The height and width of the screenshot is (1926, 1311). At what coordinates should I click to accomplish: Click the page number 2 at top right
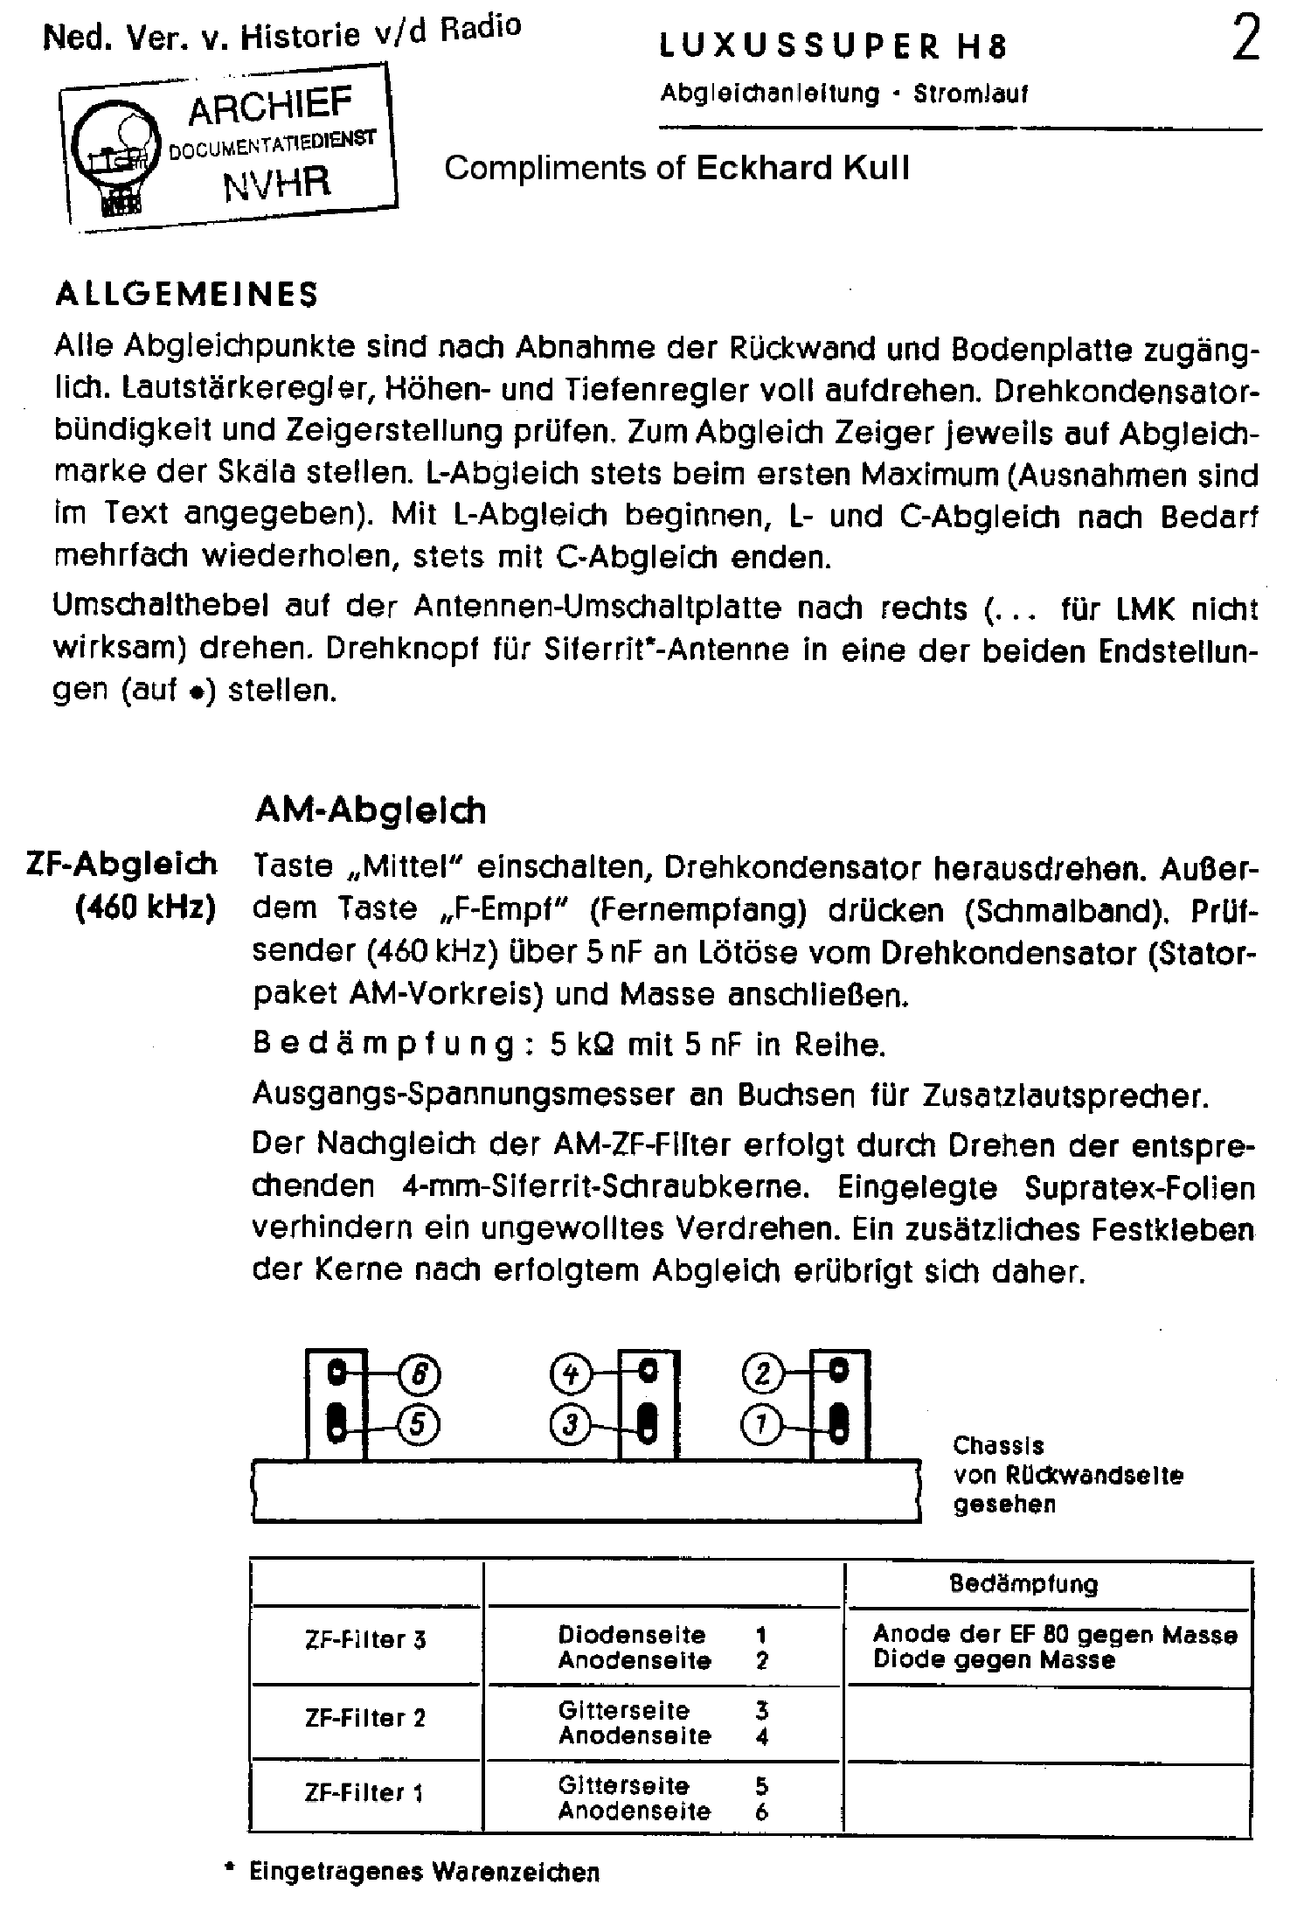[1245, 41]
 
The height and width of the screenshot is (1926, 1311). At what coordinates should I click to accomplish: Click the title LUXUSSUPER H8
[833, 47]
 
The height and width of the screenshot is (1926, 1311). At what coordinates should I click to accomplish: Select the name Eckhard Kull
[801, 168]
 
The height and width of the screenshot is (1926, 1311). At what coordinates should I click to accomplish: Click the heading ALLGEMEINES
[187, 295]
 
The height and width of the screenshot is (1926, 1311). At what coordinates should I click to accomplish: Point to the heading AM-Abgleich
[370, 810]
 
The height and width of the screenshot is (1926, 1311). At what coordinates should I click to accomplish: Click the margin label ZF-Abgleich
[121, 864]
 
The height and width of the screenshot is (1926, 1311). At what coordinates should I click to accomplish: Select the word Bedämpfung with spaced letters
[383, 1045]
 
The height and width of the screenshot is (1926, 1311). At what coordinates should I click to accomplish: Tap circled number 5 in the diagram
[419, 1426]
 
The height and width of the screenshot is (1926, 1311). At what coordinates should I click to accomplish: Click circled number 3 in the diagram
[570, 1426]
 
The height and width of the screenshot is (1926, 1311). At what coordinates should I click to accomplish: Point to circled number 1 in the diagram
[762, 1426]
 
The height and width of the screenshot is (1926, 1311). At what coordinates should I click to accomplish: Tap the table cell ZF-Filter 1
[365, 1793]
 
